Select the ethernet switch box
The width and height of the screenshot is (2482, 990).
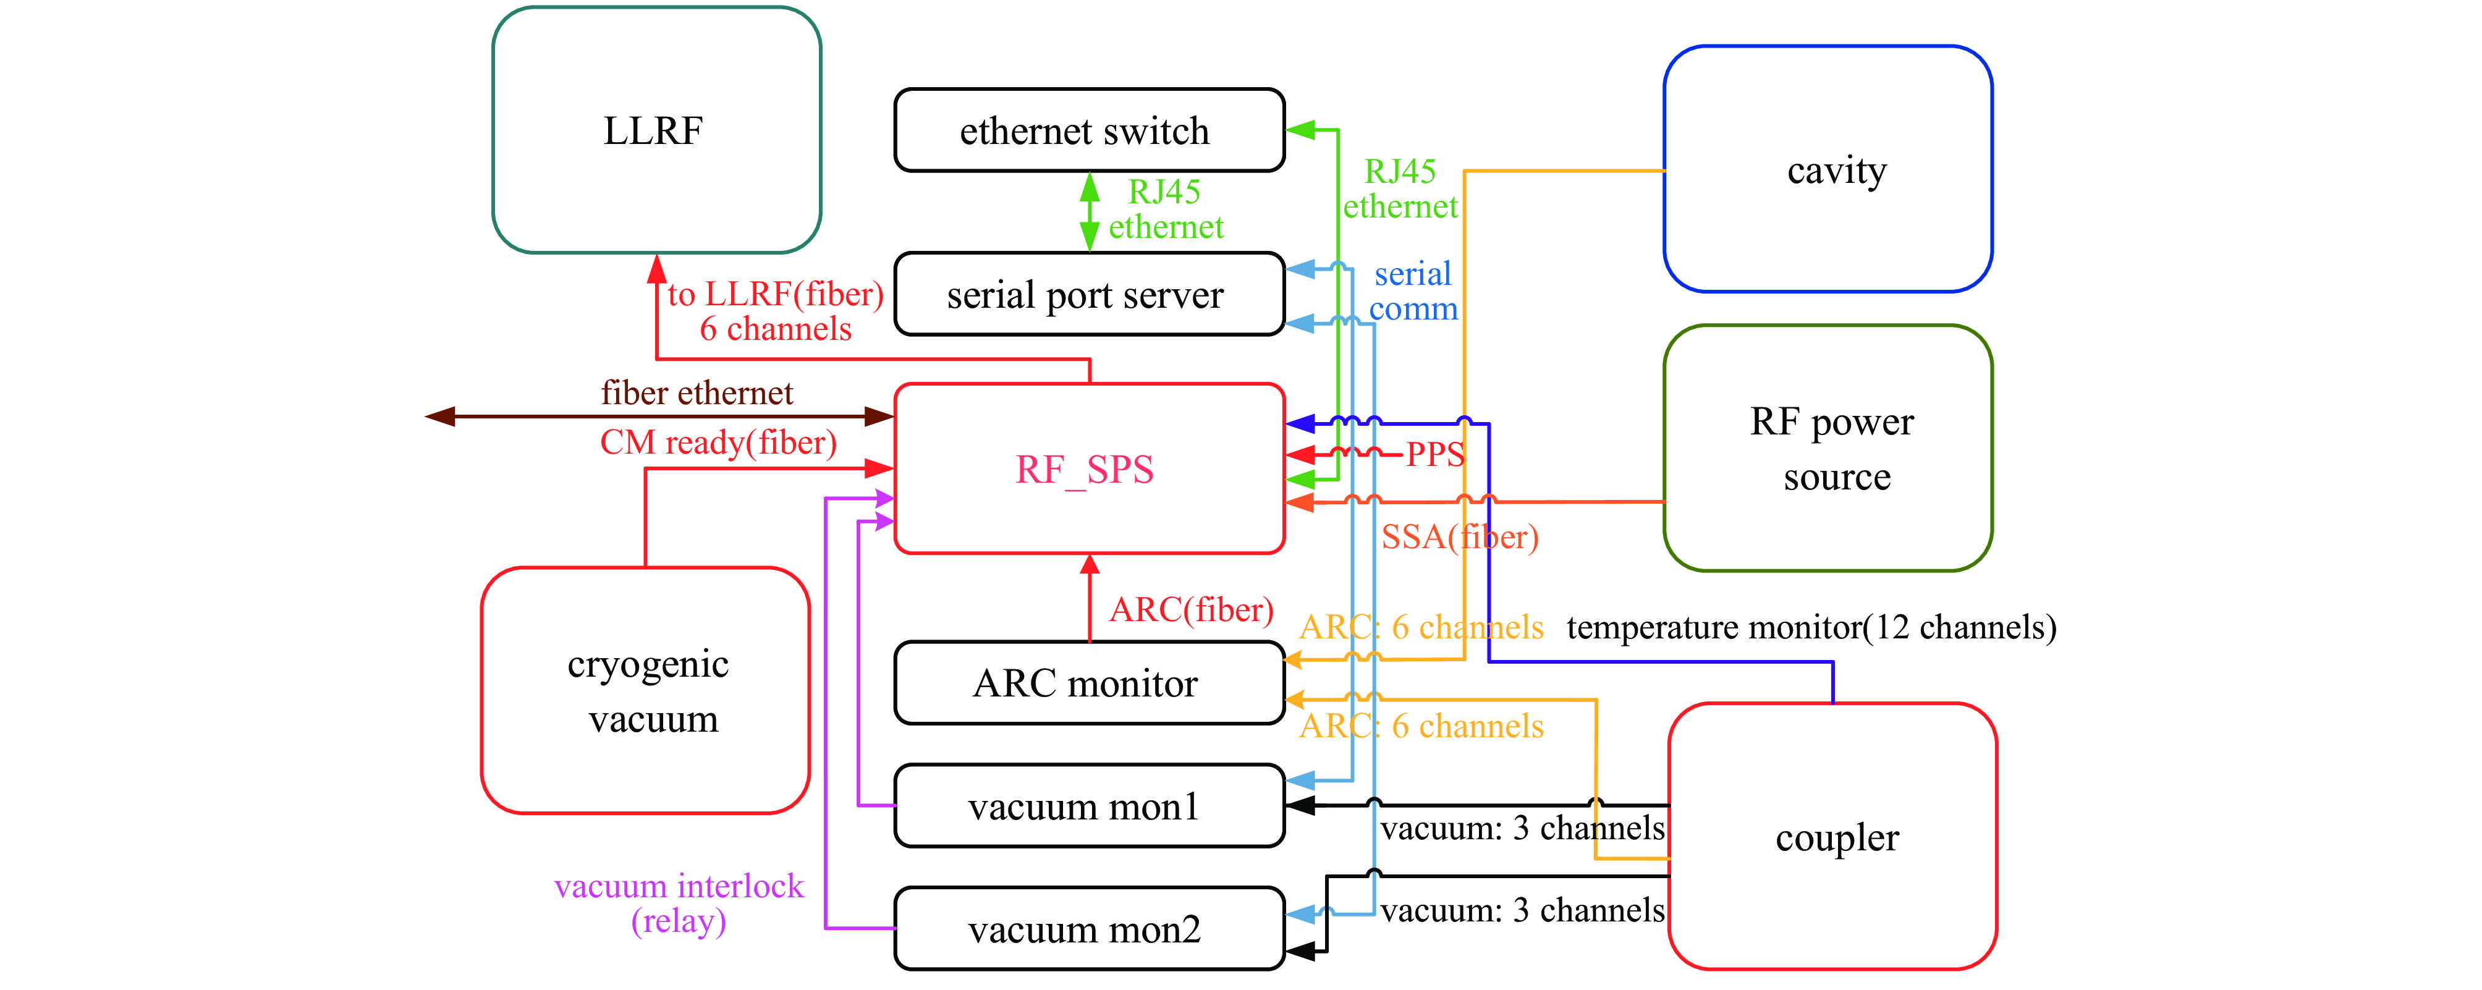click(x=1089, y=130)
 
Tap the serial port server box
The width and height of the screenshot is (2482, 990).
click(x=1089, y=294)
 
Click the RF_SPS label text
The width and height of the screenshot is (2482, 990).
click(x=1084, y=469)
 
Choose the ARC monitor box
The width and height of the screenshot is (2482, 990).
click(x=1089, y=683)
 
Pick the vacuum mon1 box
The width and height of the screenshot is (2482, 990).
click(x=1089, y=806)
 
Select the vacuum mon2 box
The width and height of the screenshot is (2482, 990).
click(x=1089, y=928)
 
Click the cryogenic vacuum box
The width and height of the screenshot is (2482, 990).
click(x=646, y=690)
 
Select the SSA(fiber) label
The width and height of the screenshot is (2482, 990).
click(x=1460, y=536)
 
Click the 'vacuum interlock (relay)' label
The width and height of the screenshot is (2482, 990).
click(x=679, y=902)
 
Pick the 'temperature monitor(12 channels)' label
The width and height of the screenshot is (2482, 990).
click(x=1811, y=627)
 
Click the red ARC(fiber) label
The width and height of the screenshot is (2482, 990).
click(x=1191, y=609)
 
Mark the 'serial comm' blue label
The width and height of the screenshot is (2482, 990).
click(x=1413, y=291)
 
